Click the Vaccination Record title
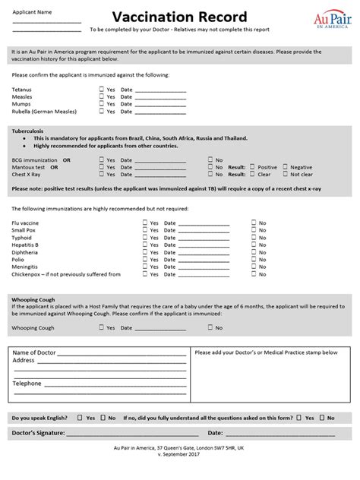pyautogui.click(x=179, y=17)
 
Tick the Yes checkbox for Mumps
pyautogui.click(x=101, y=104)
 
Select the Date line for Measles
pyautogui.click(x=159, y=97)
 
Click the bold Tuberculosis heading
pyautogui.click(x=29, y=131)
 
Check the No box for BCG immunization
pyautogui.click(x=210, y=160)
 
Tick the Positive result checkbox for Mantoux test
pyautogui.click(x=253, y=167)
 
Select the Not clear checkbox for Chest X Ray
pyautogui.click(x=286, y=174)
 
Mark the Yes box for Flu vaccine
pyautogui.click(x=144, y=223)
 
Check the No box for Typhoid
pyautogui.click(x=254, y=238)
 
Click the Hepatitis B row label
pyautogui.click(x=25, y=245)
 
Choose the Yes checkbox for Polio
pyautogui.click(x=144, y=260)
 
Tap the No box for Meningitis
pyautogui.click(x=254, y=267)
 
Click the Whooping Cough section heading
pyautogui.click(x=33, y=300)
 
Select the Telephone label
pyautogui.click(x=27, y=384)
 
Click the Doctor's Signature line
pyautogui.click(x=129, y=434)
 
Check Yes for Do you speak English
pyautogui.click(x=80, y=418)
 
